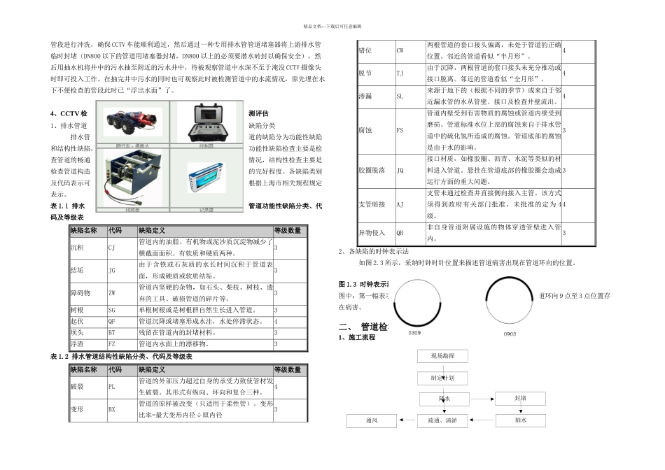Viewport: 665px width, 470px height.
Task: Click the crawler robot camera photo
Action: (x=133, y=122)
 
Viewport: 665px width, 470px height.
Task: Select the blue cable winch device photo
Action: (x=133, y=176)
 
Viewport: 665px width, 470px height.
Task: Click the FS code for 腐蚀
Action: (x=400, y=130)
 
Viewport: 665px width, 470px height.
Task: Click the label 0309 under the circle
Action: (x=414, y=332)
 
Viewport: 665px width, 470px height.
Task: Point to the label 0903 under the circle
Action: (x=510, y=334)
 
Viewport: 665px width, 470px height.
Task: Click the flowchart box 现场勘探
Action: (x=438, y=356)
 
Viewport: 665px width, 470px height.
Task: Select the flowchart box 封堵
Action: (x=519, y=398)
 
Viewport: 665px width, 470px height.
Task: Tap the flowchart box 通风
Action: (x=371, y=420)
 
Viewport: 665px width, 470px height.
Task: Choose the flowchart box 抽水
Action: (x=519, y=420)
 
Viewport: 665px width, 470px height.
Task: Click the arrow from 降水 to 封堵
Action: (x=475, y=398)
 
